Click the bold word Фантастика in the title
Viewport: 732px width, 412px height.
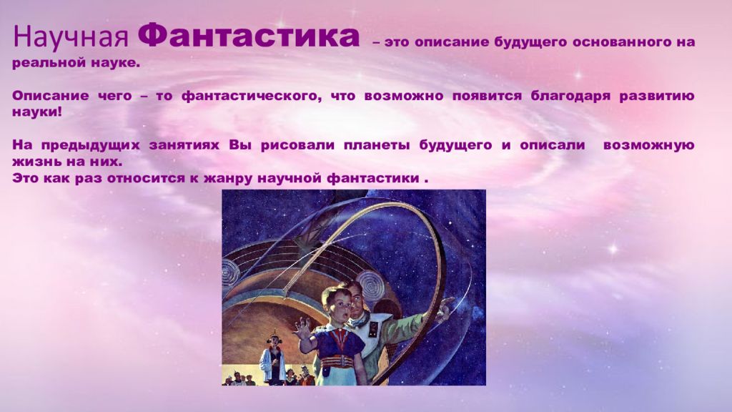pyautogui.click(x=249, y=36)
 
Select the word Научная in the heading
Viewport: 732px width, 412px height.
pyautogui.click(x=71, y=36)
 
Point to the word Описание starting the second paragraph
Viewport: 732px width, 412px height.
pyautogui.click(x=51, y=97)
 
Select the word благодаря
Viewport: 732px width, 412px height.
pyautogui.click(x=570, y=97)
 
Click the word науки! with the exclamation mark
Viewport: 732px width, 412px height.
pyautogui.click(x=37, y=112)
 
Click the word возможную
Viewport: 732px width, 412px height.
pyautogui.click(x=648, y=145)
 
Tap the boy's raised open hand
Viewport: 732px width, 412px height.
pyautogui.click(x=302, y=330)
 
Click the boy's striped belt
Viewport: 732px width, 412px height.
pyautogui.click(x=336, y=360)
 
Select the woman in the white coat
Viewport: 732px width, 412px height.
pyautogui.click(x=273, y=358)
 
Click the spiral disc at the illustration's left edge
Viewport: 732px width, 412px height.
pyautogui.click(x=229, y=271)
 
